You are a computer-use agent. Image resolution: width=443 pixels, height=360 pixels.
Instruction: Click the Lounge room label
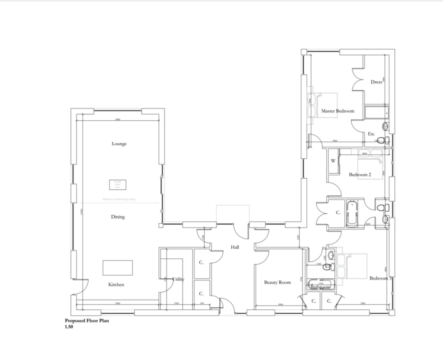point(119,144)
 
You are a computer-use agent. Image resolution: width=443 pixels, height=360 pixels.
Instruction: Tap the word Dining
point(118,217)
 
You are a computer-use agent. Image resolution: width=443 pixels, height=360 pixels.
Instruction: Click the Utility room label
point(178,279)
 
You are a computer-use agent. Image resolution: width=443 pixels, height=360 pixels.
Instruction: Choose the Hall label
point(235,247)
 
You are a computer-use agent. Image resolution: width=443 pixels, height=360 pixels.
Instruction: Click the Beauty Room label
point(277,282)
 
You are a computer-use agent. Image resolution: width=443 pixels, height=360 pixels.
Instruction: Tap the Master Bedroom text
point(337,111)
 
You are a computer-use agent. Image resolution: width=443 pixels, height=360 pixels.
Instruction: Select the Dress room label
point(376,82)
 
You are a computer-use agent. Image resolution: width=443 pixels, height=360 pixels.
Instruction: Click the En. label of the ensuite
point(371,134)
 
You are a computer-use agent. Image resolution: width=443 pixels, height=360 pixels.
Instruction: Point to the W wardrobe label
point(333,161)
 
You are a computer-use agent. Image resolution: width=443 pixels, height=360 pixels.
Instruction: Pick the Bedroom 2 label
point(360,175)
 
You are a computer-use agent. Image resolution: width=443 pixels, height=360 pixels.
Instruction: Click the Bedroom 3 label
point(380,278)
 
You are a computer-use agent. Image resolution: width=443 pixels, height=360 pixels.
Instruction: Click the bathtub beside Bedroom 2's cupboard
point(351,213)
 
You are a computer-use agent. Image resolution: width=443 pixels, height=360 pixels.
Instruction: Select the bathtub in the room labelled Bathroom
point(320,285)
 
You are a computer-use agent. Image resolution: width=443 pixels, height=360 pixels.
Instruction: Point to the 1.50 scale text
point(69,328)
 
